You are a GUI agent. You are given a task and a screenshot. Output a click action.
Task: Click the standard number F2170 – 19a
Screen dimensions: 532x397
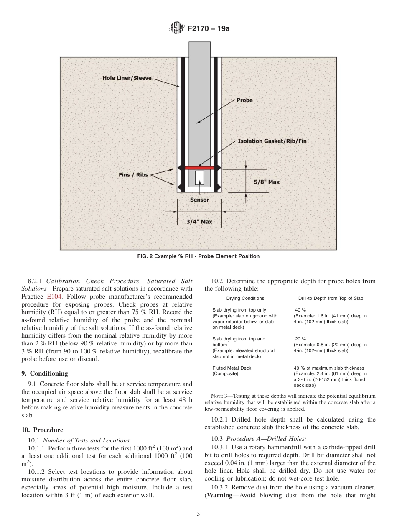pyautogui.click(x=209, y=28)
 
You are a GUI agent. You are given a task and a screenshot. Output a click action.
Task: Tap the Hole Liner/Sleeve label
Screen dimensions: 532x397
pyautogui.click(x=127, y=78)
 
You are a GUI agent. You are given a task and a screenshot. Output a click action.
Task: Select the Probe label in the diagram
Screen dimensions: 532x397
pyautogui.click(x=244, y=100)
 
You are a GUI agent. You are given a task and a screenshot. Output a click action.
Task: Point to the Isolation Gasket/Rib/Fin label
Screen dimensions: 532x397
pyautogui.click(x=272, y=141)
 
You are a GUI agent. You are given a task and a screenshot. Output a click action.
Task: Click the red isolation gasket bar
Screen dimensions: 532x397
pyautogui.click(x=199, y=168)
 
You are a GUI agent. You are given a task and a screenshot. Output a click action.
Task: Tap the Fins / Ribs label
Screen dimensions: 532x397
pyautogui.click(x=133, y=175)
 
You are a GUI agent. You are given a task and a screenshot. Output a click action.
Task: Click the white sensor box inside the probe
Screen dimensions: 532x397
pyautogui.click(x=199, y=178)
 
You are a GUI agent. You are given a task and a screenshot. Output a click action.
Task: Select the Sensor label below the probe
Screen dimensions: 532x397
pyautogui.click(x=199, y=200)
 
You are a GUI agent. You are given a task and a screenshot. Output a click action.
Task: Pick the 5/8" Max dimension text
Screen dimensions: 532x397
pyautogui.click(x=267, y=182)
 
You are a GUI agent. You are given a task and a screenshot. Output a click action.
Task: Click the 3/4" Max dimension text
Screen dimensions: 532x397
pyautogui.click(x=199, y=221)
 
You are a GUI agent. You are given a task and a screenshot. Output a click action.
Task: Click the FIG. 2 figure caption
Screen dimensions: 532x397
pyautogui.click(x=198, y=256)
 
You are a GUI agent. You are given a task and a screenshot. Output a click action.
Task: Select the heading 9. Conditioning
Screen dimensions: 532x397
pyautogui.click(x=44, y=373)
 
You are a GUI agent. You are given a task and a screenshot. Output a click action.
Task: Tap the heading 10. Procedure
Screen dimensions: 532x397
pyautogui.click(x=42, y=430)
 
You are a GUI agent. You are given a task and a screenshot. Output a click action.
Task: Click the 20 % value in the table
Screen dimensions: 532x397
pyautogui.click(x=300, y=339)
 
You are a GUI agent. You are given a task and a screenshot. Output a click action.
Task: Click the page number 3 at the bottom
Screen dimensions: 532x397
pyautogui.click(x=198, y=514)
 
